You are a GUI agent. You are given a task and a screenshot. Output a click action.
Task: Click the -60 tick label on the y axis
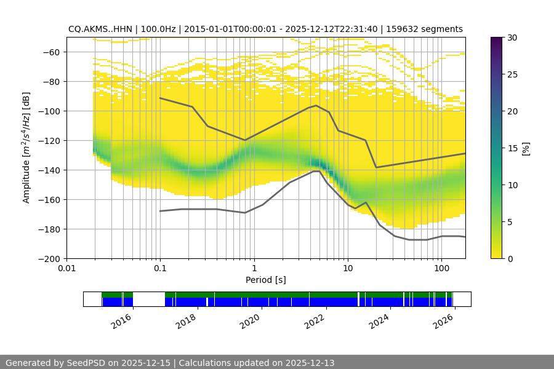[x=50, y=52]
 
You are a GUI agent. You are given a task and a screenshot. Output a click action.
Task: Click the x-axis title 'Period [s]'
[x=266, y=280]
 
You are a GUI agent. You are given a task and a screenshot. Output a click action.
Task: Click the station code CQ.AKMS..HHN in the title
[x=97, y=29]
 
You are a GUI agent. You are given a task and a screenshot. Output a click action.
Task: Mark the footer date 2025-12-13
[x=311, y=363]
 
